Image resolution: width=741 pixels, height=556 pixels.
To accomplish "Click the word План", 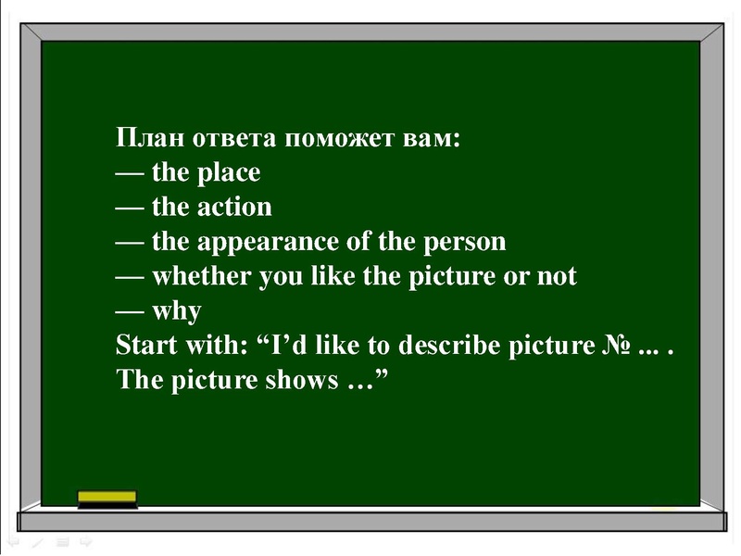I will pyautogui.click(x=150, y=138).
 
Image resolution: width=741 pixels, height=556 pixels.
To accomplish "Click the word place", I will pyautogui.click(x=229, y=173).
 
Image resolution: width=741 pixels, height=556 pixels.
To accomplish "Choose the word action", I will pyautogui.click(x=234, y=207).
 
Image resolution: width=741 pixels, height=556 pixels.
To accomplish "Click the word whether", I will pyautogui.click(x=197, y=276).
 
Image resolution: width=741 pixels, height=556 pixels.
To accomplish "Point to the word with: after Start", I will pyautogui.click(x=217, y=345).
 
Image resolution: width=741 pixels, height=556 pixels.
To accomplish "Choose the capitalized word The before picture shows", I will pyautogui.click(x=139, y=380).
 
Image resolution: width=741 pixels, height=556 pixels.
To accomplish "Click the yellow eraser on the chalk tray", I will pyautogui.click(x=107, y=499).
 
